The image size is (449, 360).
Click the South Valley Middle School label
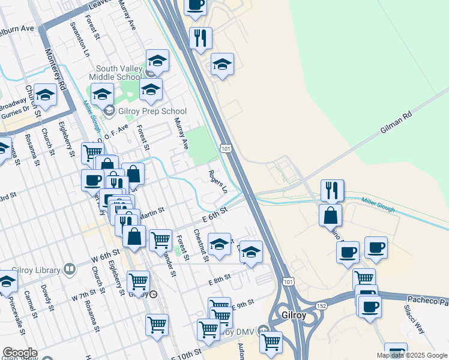[115, 73]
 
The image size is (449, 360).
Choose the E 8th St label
[219, 281]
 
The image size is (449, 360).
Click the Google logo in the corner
[19, 353]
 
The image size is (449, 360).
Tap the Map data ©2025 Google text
[412, 355]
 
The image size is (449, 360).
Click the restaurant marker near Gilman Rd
[332, 191]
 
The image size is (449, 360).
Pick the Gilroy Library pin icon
[70, 269]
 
